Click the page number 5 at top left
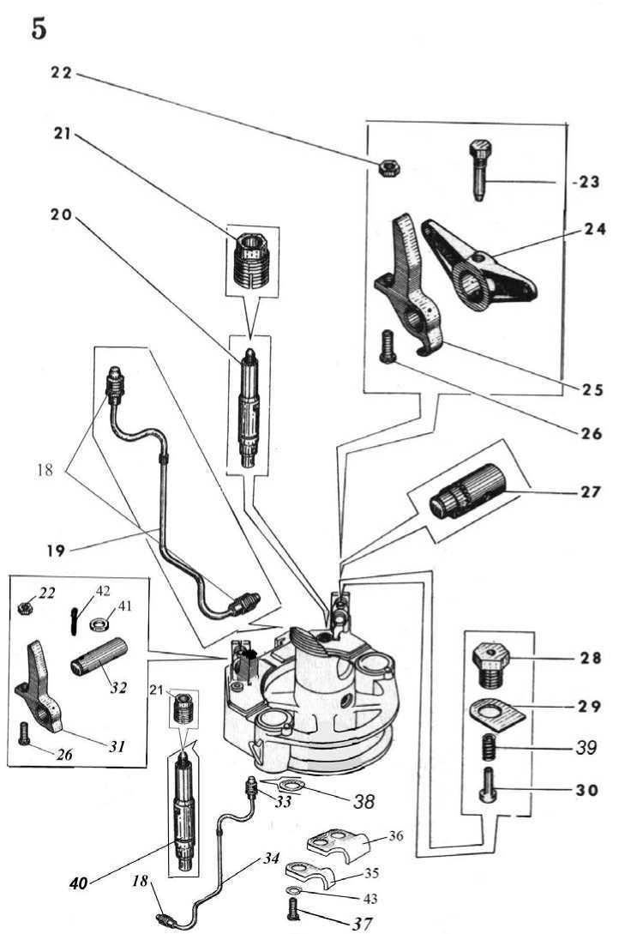click(39, 29)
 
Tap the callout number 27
click(590, 493)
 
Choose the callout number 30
click(587, 790)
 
